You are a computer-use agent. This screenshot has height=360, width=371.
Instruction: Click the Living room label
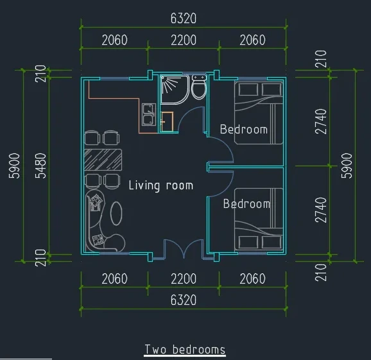161,185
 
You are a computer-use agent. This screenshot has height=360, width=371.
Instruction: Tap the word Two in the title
155,350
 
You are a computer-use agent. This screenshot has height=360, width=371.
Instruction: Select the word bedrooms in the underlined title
199,350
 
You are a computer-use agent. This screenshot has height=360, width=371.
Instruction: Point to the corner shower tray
175,89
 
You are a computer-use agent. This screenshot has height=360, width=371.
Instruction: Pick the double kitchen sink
149,114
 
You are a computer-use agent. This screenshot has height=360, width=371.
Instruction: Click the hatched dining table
103,160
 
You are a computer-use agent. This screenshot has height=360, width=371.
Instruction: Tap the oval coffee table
116,213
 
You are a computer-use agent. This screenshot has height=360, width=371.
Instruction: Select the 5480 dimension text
40,166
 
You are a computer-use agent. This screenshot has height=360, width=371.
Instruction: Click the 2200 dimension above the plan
184,40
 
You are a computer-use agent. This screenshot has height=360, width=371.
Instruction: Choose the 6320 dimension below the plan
184,300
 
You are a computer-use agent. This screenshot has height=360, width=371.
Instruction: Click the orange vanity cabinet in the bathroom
168,121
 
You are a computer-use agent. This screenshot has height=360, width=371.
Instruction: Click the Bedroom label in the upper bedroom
244,130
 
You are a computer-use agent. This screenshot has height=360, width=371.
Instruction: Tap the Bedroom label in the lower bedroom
246,203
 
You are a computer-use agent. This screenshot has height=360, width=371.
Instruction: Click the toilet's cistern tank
199,78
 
